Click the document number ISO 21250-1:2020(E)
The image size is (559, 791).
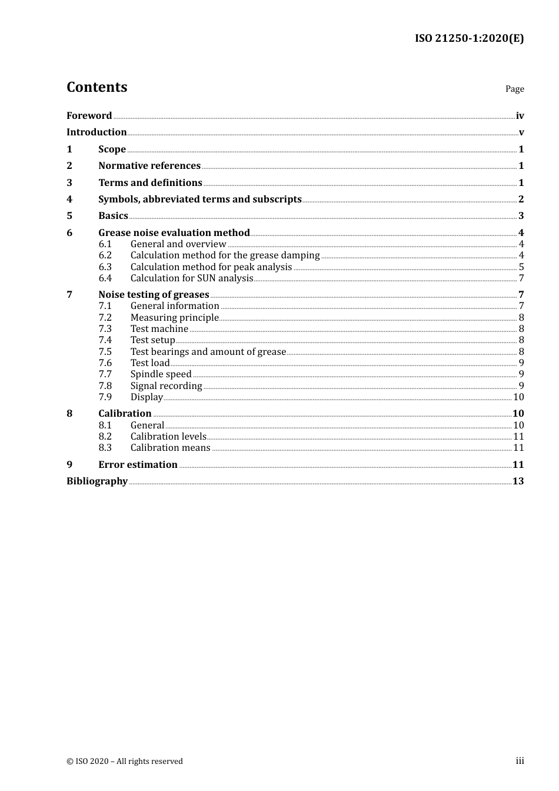coord(469,39)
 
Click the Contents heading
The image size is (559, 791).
coord(97,87)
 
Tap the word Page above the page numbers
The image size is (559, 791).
coord(514,89)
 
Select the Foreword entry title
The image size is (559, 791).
coord(89,116)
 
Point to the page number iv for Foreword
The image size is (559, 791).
coord(520,116)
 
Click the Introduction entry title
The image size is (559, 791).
coord(97,132)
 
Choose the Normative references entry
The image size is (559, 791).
coord(149,166)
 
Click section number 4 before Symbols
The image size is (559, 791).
coord(69,200)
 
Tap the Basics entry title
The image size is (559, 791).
coord(113,216)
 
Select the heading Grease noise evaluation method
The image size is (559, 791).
coord(174,233)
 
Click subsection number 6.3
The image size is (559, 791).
coord(105,267)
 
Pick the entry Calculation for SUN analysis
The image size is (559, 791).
coord(192,278)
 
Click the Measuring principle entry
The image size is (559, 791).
coord(175,318)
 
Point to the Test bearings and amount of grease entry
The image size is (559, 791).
coord(208,352)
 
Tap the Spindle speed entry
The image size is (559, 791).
coord(161,374)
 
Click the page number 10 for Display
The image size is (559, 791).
coord(518,397)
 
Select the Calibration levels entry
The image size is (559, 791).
coord(168,437)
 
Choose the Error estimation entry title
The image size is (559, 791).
coord(138,465)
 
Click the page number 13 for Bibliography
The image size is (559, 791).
coord(518,481)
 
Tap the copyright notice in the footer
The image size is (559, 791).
coord(125,762)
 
